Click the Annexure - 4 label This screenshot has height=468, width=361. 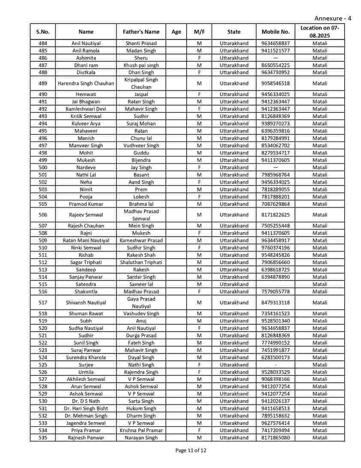(x=333, y=18)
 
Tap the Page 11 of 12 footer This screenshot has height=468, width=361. (x=191, y=450)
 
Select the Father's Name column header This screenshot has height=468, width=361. (x=141, y=32)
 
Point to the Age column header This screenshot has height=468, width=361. (x=176, y=32)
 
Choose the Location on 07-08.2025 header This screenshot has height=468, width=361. (x=319, y=32)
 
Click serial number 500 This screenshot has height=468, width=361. (x=43, y=168)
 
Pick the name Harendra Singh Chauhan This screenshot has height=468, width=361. (x=86, y=84)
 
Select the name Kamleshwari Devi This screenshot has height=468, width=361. (x=86, y=109)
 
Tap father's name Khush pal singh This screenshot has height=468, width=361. (x=141, y=65)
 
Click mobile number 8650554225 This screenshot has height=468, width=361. (x=275, y=65)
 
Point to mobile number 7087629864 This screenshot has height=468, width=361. (x=275, y=204)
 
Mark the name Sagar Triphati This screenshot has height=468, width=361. (x=86, y=263)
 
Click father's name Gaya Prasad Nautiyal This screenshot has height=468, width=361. (x=141, y=303)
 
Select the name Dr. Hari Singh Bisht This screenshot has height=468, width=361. (x=86, y=409)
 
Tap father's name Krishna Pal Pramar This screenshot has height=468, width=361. (x=141, y=431)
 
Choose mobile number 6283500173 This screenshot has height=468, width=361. (x=275, y=358)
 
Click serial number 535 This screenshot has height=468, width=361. (x=43, y=438)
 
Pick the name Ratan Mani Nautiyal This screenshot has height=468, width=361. (x=86, y=241)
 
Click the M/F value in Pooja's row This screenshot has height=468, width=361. (x=199, y=197)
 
